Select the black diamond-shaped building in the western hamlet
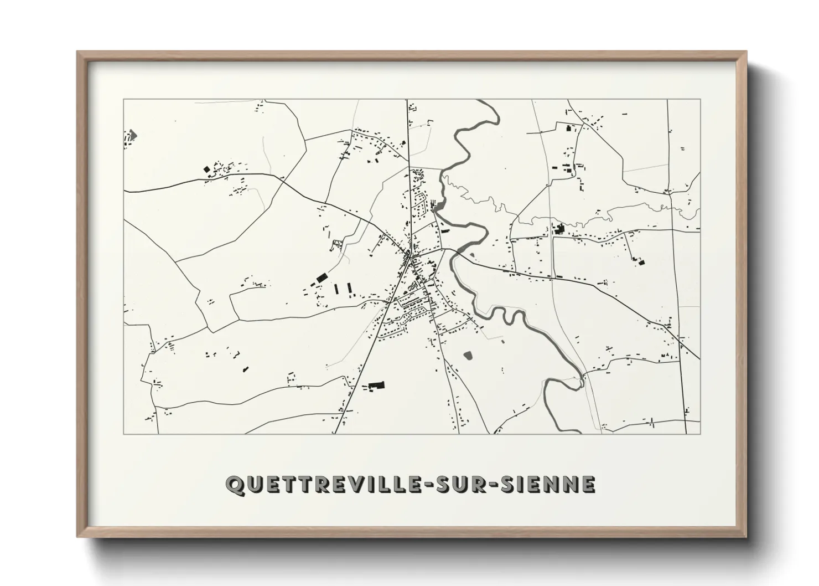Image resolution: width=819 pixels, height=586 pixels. point(207,169)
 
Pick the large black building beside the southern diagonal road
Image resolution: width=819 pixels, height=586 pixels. point(376,385)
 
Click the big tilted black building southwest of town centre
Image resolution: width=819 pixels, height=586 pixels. point(320,277)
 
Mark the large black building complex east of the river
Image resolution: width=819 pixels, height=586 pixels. point(559,228)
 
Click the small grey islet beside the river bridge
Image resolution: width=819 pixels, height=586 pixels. point(472,255)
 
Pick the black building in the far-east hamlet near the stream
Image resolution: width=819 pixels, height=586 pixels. point(641,261)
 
